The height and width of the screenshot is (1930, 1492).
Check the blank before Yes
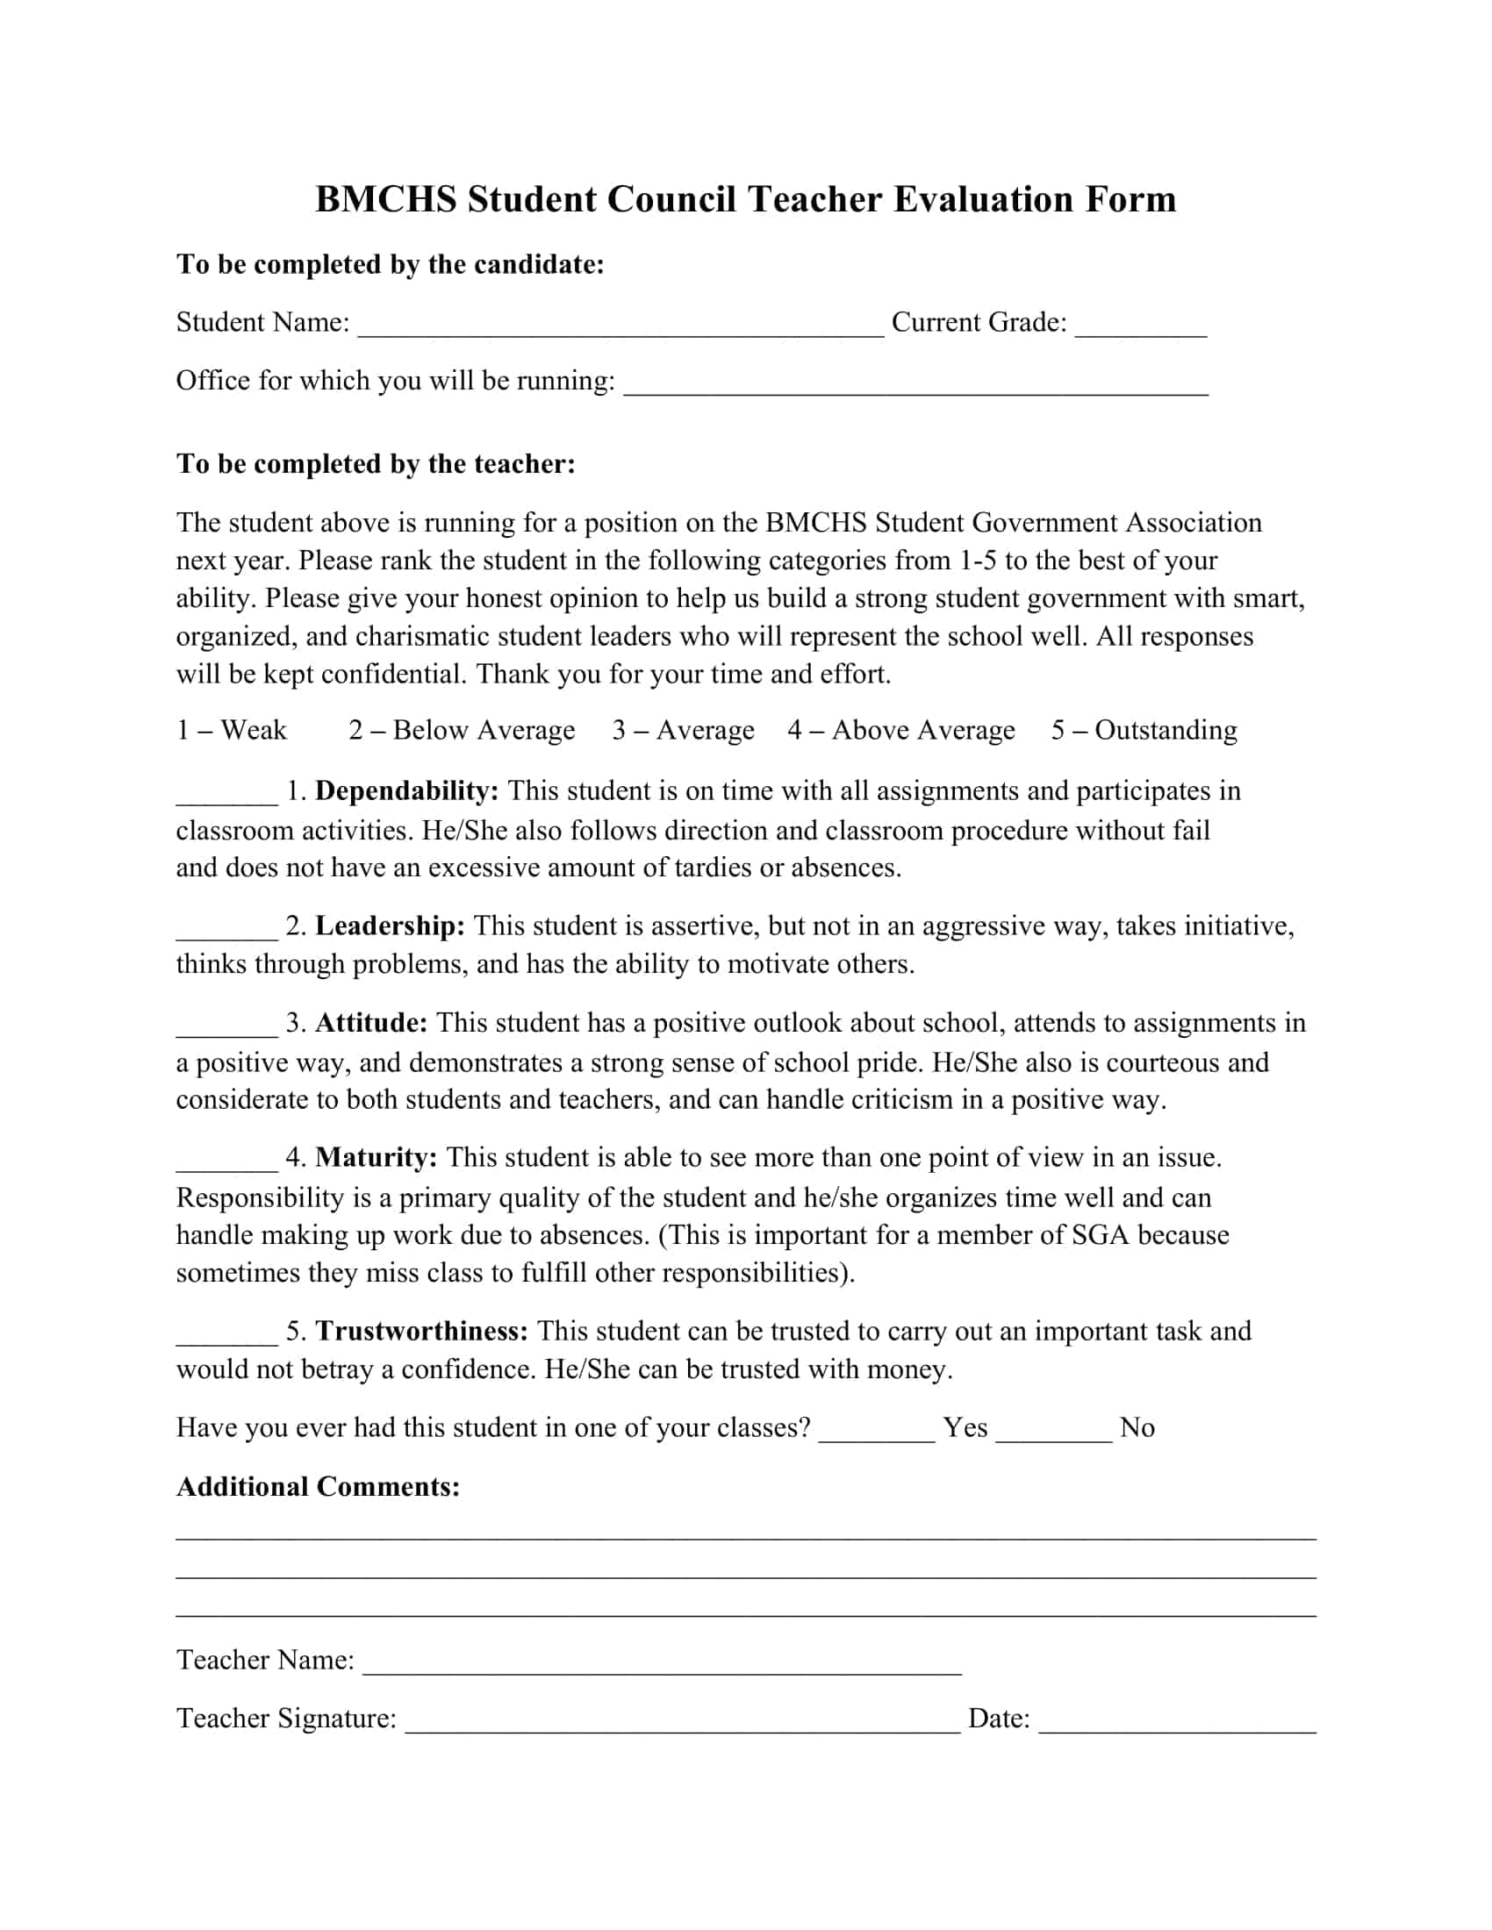[877, 1431]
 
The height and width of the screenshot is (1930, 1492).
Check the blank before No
[1053, 1431]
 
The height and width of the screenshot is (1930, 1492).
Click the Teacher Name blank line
[662, 1663]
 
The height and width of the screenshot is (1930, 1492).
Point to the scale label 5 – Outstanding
[1144, 730]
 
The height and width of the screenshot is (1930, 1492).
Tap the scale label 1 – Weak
[232, 730]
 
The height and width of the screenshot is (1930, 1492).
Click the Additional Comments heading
[319, 1486]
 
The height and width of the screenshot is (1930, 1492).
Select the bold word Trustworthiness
[422, 1331]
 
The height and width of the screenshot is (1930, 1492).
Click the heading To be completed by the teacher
[376, 464]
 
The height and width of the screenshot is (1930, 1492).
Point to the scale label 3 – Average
[683, 730]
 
